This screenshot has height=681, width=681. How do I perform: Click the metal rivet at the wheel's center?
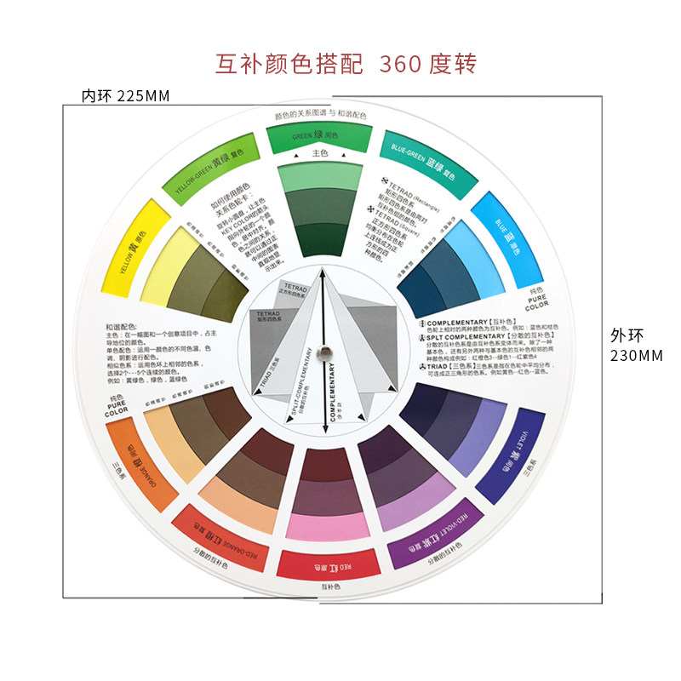tap(322, 349)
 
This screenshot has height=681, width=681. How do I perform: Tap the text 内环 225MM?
tap(125, 95)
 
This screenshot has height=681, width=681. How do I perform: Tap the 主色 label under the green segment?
tap(320, 154)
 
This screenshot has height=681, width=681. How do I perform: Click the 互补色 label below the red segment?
tap(330, 587)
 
